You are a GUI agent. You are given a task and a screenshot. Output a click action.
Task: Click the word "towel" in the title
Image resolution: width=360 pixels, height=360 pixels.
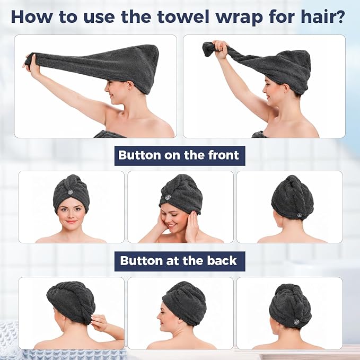pos(183,16)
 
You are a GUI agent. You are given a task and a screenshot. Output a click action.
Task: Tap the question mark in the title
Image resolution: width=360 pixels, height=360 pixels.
pos(340,16)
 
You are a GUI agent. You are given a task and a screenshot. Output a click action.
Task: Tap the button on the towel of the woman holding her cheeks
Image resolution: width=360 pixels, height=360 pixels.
pos(168,197)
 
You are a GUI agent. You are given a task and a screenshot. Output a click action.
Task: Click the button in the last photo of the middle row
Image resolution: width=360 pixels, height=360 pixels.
pos(299,215)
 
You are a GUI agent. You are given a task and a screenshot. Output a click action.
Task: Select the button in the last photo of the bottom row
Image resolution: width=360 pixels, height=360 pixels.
pos(296,322)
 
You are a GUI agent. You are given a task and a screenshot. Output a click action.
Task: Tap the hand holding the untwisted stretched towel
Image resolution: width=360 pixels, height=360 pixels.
pos(31,65)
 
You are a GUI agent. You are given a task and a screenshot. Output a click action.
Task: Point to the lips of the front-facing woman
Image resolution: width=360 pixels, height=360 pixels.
pos(71,222)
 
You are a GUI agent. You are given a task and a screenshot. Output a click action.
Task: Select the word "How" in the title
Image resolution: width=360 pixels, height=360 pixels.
pos(31,16)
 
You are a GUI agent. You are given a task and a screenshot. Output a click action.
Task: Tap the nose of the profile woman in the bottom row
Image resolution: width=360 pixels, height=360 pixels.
pos(159,317)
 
